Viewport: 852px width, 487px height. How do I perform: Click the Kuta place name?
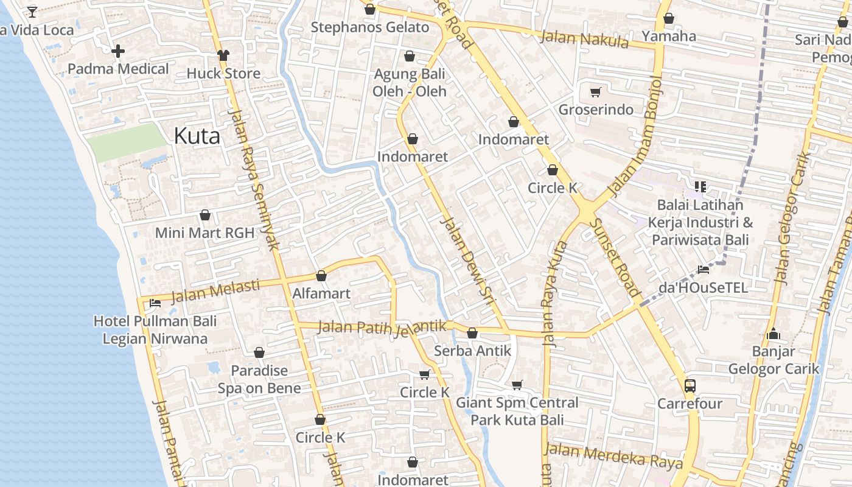(197, 136)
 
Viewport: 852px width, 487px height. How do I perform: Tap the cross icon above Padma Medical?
(118, 51)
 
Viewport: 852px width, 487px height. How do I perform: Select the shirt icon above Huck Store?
(223, 55)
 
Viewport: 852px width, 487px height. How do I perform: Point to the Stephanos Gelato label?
(370, 27)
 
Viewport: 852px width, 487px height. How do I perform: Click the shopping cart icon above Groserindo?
(595, 93)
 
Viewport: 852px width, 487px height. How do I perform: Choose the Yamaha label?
(669, 36)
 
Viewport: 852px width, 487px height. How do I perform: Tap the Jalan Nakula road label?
(584, 40)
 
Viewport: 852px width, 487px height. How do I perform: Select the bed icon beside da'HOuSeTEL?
(704, 269)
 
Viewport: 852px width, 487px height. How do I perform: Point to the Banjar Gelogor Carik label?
(774, 360)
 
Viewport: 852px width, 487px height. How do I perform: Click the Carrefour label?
(690, 404)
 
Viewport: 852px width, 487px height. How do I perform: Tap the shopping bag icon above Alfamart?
(321, 276)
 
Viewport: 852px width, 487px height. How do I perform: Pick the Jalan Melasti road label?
(215, 291)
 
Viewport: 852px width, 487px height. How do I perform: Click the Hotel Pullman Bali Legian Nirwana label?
(155, 330)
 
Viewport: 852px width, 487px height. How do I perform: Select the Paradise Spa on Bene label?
(259, 379)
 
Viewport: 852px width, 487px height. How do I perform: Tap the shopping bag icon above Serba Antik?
(472, 334)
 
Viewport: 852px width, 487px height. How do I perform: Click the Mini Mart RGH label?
(204, 233)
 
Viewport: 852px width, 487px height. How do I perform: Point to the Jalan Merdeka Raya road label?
(613, 456)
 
